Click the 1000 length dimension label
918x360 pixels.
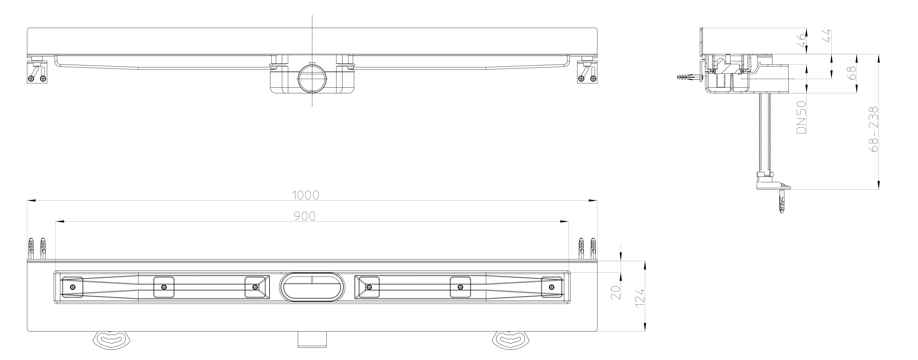tap(305, 195)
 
